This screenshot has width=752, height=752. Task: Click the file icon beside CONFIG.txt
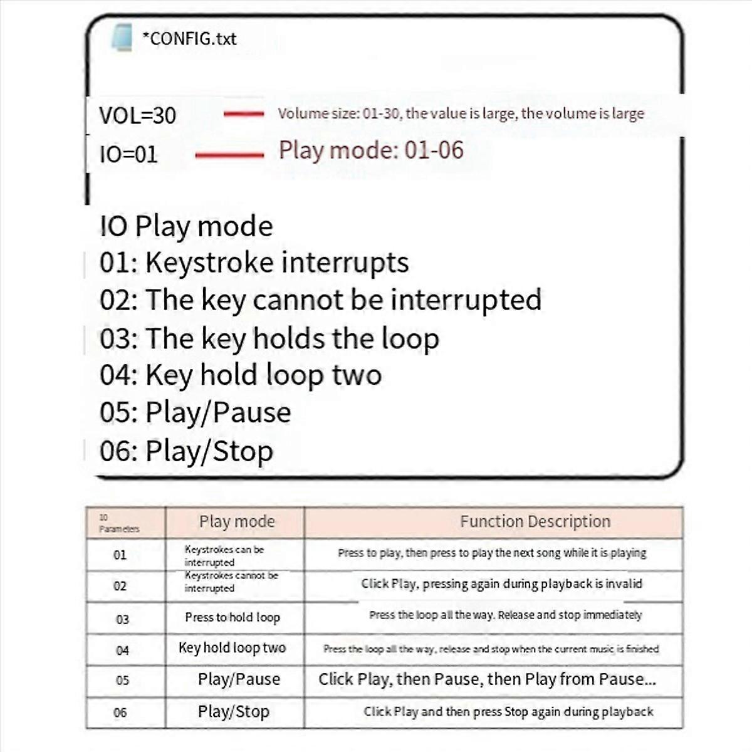coord(122,38)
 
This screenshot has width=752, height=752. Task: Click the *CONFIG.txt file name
coord(189,39)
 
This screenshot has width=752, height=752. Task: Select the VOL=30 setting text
coord(137,116)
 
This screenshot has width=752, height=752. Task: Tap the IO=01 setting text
coord(128,154)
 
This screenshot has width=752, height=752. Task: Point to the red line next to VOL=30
coord(244,114)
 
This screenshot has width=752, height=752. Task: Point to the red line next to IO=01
coord(229,155)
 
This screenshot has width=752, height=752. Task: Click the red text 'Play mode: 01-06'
coord(371,150)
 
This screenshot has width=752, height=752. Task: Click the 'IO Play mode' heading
coord(186,226)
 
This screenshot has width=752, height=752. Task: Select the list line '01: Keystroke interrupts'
coord(254,263)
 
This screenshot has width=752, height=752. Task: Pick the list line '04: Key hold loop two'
coord(241,375)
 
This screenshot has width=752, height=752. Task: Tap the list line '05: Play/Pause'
coord(195,413)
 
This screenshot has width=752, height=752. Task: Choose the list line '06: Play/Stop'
coord(186,451)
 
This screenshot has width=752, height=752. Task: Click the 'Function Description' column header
coord(535,521)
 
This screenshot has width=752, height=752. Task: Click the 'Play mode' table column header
coord(236,521)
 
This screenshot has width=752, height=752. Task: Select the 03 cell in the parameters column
coord(122,619)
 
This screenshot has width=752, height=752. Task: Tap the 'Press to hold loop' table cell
coord(232,617)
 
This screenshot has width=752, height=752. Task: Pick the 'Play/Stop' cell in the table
coord(234,712)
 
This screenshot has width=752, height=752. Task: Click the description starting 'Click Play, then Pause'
coord(487,679)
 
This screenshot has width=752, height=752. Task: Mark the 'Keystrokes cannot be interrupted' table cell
coord(231,582)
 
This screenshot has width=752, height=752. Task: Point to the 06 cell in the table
coord(120,713)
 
